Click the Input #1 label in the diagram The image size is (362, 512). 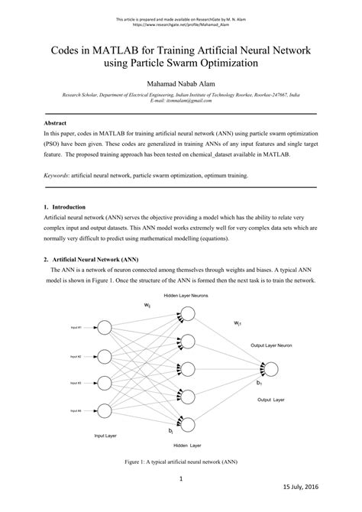[x=79, y=329]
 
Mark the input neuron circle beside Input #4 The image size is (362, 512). [x=105, y=411]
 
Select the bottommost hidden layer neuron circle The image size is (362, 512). [x=186, y=425]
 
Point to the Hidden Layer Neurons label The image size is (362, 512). [x=186, y=295]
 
